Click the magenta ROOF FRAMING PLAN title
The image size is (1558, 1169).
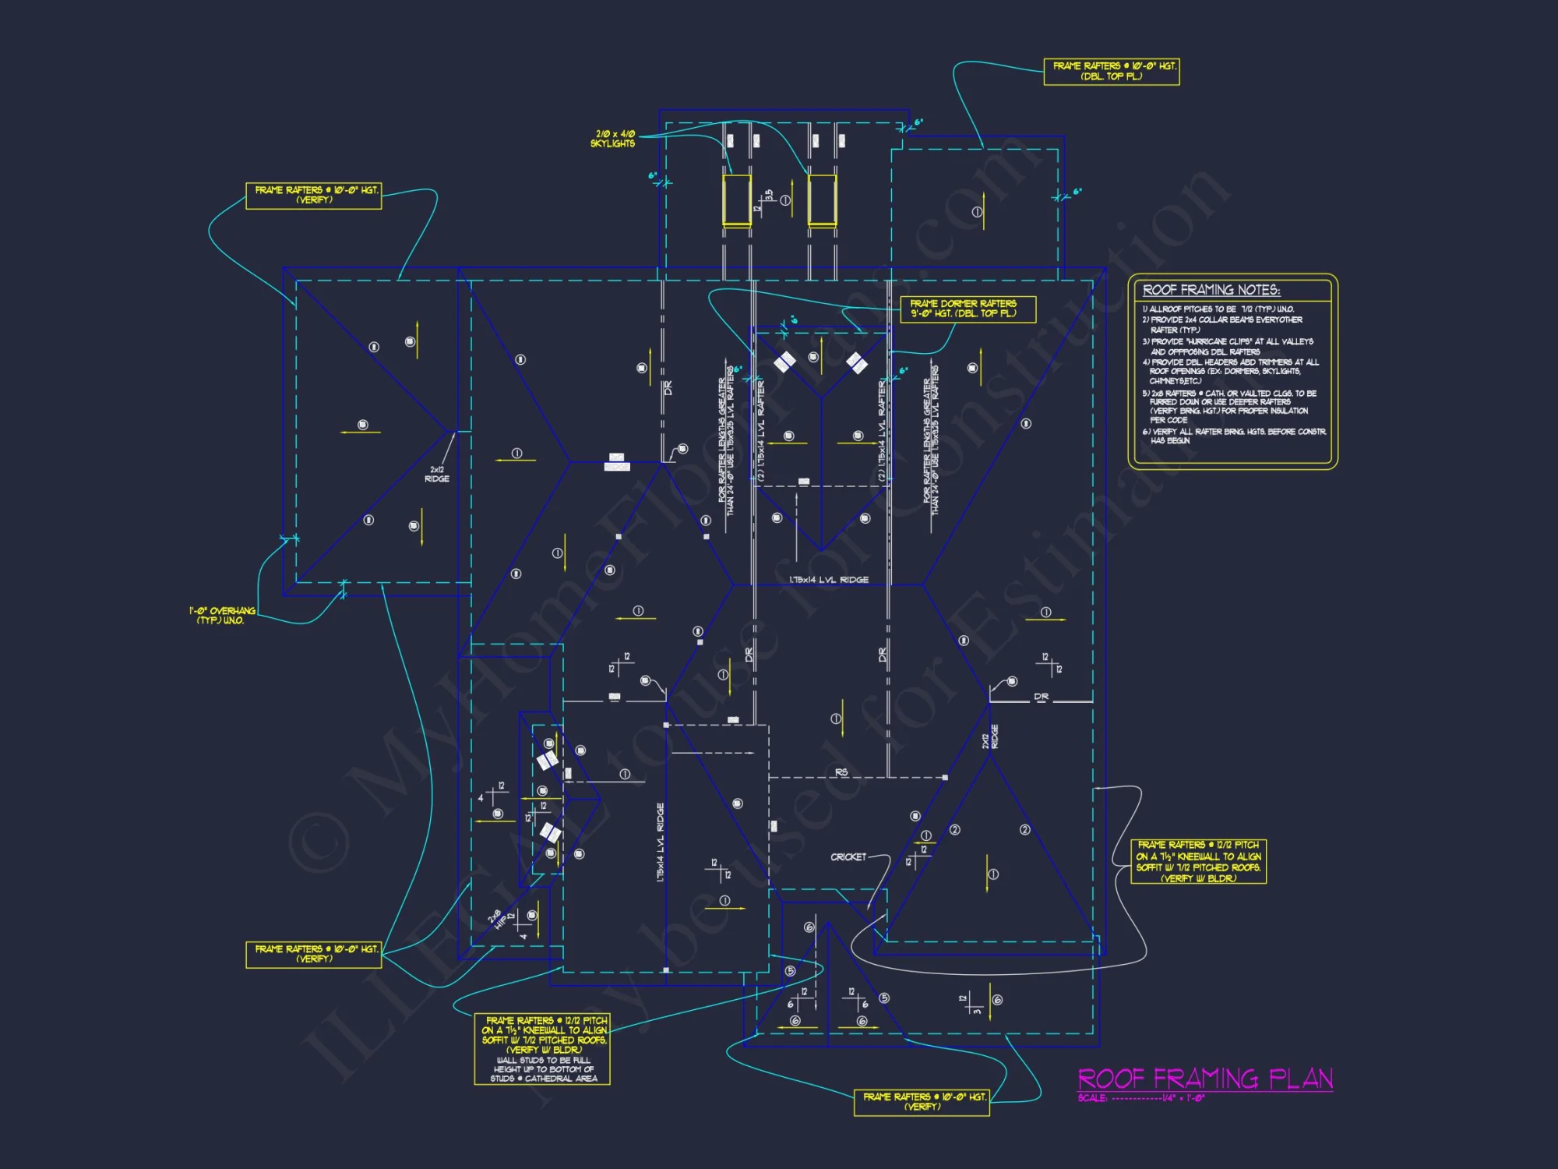click(x=1204, y=1079)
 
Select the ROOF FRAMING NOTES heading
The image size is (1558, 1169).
click(x=1211, y=290)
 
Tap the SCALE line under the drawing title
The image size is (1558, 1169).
click(x=1141, y=1099)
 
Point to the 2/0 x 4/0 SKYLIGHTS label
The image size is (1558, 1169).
click(x=612, y=139)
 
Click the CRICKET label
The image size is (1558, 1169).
click(x=848, y=856)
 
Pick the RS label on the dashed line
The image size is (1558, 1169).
click(x=841, y=772)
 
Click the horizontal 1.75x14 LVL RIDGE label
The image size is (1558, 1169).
click(x=828, y=580)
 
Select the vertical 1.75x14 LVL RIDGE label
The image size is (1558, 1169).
click(x=661, y=842)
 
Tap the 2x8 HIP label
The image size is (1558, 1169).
click(x=498, y=919)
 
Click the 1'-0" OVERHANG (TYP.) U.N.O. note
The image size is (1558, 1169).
click(x=222, y=616)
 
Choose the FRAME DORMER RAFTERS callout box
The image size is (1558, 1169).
click(x=968, y=309)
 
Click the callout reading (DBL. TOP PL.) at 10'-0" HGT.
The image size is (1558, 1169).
click(x=1111, y=72)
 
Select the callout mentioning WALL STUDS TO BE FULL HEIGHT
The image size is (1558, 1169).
click(x=542, y=1049)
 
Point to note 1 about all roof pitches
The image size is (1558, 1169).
click(x=1218, y=309)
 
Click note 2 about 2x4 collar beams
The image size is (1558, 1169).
click(x=1221, y=324)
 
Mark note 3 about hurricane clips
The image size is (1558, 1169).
click(x=1227, y=347)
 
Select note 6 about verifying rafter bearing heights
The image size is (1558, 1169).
click(x=1234, y=436)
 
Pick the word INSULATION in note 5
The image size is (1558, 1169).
click(x=1286, y=411)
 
